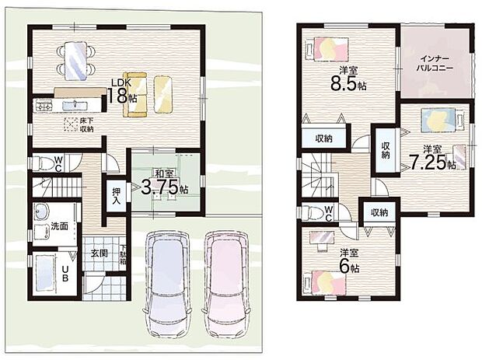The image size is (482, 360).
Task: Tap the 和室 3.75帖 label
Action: click(x=165, y=183)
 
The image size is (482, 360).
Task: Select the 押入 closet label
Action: click(x=116, y=196)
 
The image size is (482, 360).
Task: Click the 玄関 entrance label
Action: click(x=99, y=253)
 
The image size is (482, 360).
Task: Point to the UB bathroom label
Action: click(x=65, y=274)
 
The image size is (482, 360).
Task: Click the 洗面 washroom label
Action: click(x=59, y=226)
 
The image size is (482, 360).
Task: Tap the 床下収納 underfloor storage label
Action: click(x=86, y=124)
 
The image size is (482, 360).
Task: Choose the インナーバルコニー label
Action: click(x=435, y=63)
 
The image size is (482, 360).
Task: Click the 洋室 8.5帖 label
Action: click(x=348, y=79)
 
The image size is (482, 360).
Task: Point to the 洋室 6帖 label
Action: click(x=349, y=261)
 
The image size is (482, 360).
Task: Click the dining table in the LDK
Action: click(x=75, y=60)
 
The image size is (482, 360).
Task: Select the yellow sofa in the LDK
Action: click(x=134, y=94)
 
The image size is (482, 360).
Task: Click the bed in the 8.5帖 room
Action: click(x=327, y=48)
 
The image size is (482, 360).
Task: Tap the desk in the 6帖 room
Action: click(x=322, y=238)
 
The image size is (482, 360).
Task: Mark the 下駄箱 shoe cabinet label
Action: click(x=123, y=255)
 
